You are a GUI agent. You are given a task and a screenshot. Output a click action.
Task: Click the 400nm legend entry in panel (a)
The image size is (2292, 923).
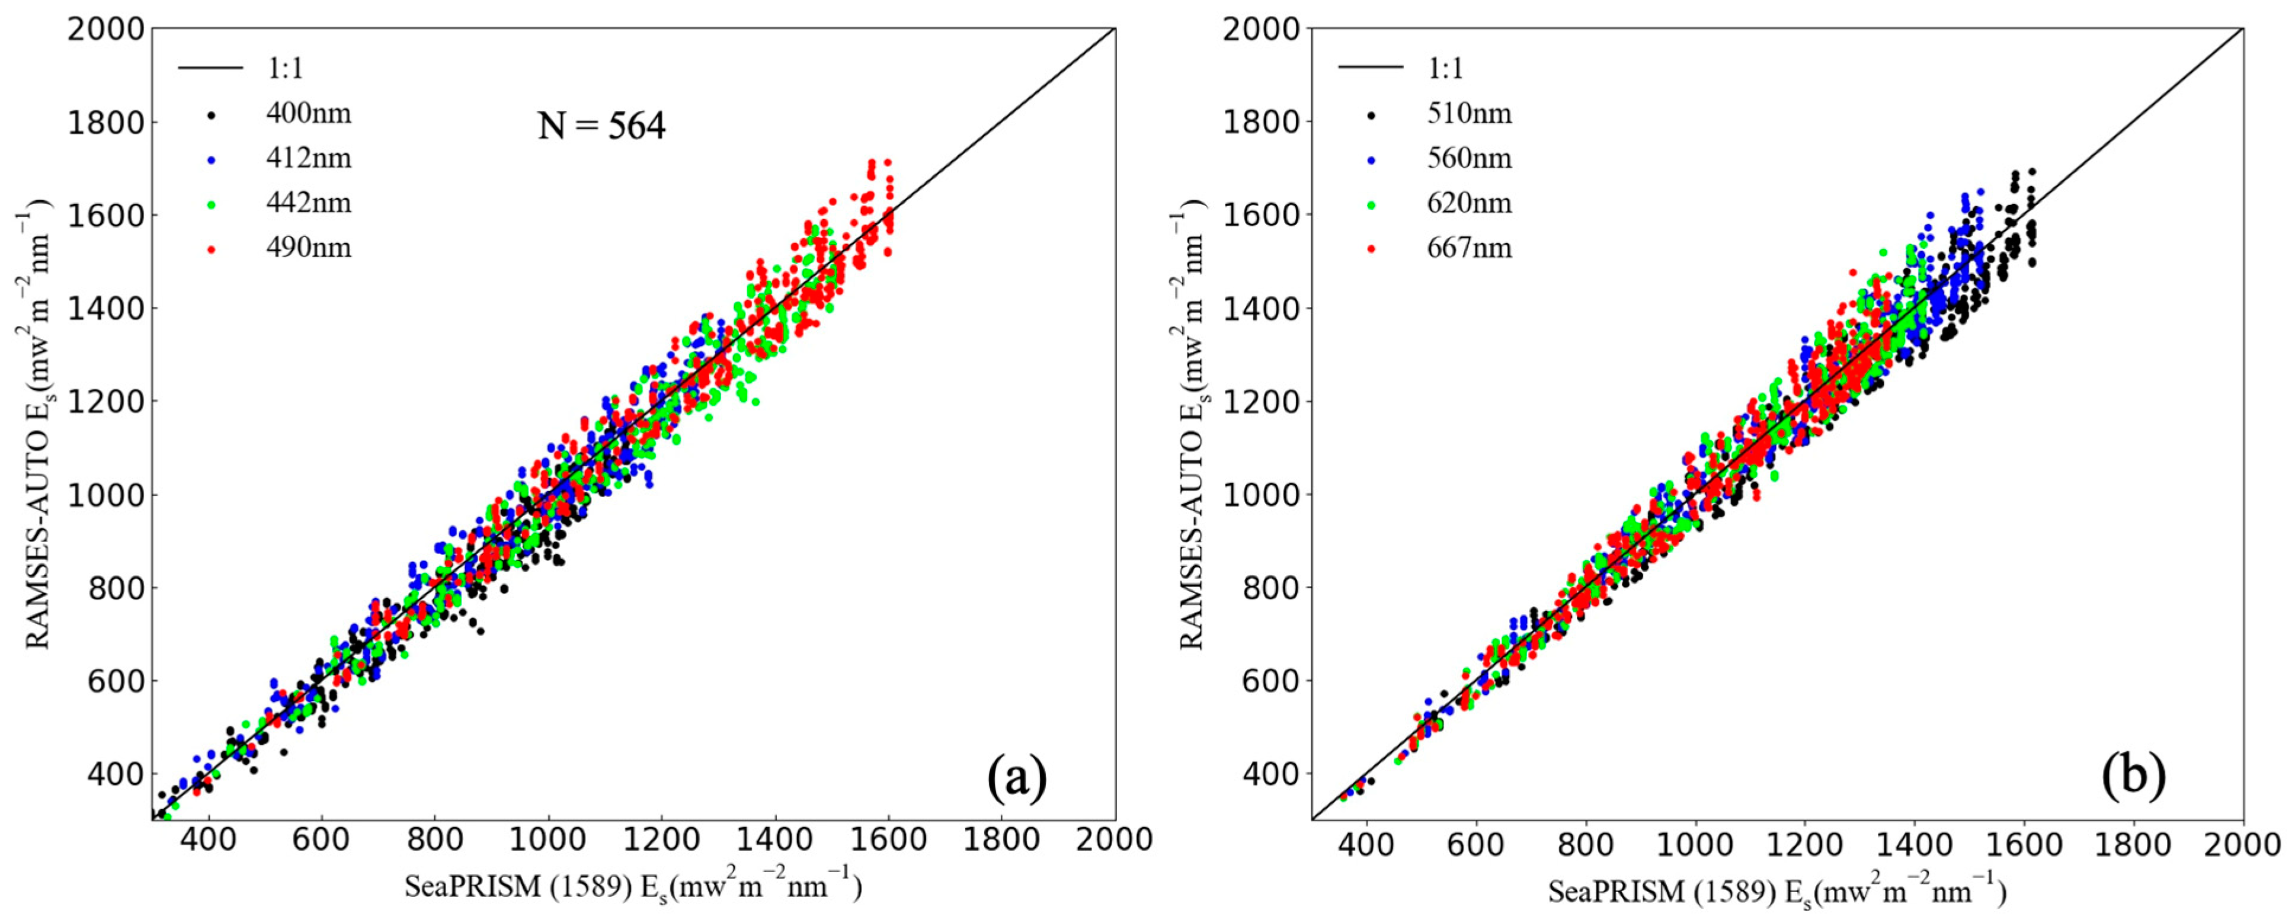coord(308,114)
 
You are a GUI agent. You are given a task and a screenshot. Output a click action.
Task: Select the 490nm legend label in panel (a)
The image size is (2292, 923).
coord(308,247)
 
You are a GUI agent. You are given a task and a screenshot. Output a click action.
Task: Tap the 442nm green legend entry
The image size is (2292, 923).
coord(308,203)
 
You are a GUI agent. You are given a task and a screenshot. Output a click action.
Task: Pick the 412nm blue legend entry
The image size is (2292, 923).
coord(308,158)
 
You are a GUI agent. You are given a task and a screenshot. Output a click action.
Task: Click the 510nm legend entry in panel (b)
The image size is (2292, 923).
coord(1469,114)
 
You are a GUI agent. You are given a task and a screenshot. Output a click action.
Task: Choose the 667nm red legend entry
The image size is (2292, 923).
coord(1469,247)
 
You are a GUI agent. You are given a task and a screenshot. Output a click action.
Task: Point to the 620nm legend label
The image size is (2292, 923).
coord(1469,203)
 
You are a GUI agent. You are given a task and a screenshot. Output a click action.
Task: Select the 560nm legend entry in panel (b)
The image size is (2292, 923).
coord(1469,158)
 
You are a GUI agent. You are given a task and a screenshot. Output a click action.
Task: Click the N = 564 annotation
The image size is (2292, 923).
coord(601,126)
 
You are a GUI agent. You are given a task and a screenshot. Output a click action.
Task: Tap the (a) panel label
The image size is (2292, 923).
coord(1017,778)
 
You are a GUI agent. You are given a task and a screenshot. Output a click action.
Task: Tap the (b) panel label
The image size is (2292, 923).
coord(2134,775)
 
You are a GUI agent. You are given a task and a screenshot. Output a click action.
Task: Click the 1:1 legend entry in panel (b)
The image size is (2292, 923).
coord(1445,68)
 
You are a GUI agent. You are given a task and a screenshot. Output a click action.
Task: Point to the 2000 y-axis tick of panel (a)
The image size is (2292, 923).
coord(105,30)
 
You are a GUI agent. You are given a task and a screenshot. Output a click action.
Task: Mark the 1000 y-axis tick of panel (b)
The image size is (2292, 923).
coord(1262,495)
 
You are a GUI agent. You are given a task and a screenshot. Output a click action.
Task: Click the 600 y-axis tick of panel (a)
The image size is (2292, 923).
coord(115,681)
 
